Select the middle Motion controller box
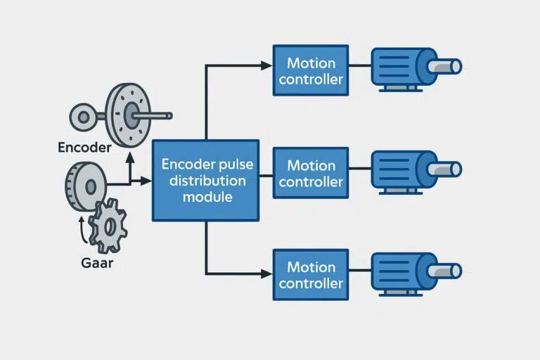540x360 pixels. click(x=311, y=173)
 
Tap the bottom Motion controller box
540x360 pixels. click(x=311, y=274)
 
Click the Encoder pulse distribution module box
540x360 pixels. click(x=205, y=180)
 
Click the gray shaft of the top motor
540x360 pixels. click(x=448, y=67)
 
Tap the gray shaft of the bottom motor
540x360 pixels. click(x=448, y=271)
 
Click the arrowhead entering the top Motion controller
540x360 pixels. click(x=266, y=65)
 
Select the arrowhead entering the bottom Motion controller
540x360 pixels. click(x=266, y=273)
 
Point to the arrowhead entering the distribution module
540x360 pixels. click(x=146, y=181)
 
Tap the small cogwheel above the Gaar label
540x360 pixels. click(x=108, y=226)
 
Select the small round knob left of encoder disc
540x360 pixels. click(x=82, y=115)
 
